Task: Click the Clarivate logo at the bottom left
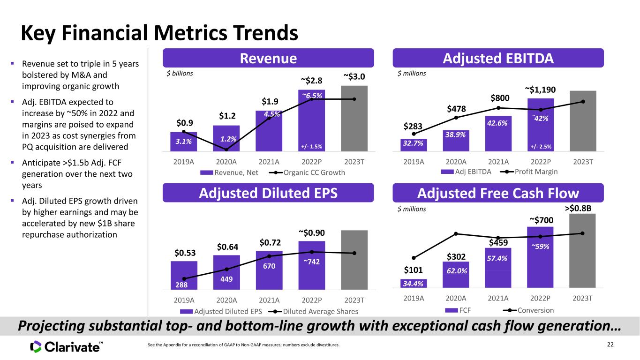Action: pyautogui.click(x=66, y=347)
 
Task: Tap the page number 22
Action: pyautogui.click(x=610, y=345)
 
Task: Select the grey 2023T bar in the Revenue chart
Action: pyautogui.click(x=354, y=118)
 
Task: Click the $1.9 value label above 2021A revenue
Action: pyautogui.click(x=270, y=101)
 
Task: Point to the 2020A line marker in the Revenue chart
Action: pyautogui.click(x=226, y=150)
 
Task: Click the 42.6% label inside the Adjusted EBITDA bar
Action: pyautogui.click(x=497, y=123)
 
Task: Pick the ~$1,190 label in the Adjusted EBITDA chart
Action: pyautogui.click(x=540, y=90)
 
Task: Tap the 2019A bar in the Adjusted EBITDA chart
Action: pyautogui.click(x=414, y=145)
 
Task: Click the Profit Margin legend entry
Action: pyautogui.click(x=529, y=172)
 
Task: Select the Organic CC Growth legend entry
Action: pyautogui.click(x=307, y=172)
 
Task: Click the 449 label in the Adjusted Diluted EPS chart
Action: pyautogui.click(x=226, y=279)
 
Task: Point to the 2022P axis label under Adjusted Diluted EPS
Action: pyautogui.click(x=312, y=300)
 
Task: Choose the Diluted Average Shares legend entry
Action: pyautogui.click(x=313, y=311)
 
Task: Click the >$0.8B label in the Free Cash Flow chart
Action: pyautogui.click(x=578, y=208)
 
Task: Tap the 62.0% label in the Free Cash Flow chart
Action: pyautogui.click(x=457, y=271)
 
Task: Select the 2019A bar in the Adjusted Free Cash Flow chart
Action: pyautogui.click(x=414, y=283)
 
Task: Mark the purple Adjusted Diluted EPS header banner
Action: pyautogui.click(x=268, y=193)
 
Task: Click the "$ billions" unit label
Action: pyautogui.click(x=180, y=74)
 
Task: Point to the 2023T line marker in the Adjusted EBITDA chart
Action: pyautogui.click(x=583, y=102)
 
